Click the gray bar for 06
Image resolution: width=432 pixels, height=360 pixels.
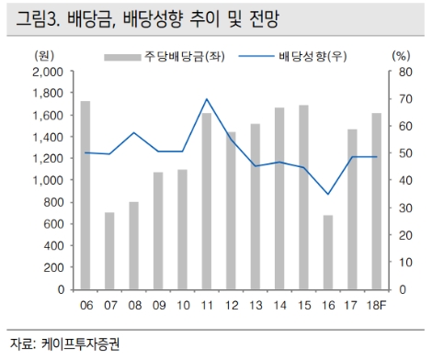(85, 195)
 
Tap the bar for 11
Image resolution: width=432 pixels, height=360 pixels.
(207, 201)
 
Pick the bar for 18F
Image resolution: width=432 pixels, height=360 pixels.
(377, 201)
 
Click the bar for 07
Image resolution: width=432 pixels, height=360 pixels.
(109, 251)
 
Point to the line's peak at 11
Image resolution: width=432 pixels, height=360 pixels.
(207, 99)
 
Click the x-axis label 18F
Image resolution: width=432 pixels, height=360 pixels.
(377, 304)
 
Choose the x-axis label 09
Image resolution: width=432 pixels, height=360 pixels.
(158, 304)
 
